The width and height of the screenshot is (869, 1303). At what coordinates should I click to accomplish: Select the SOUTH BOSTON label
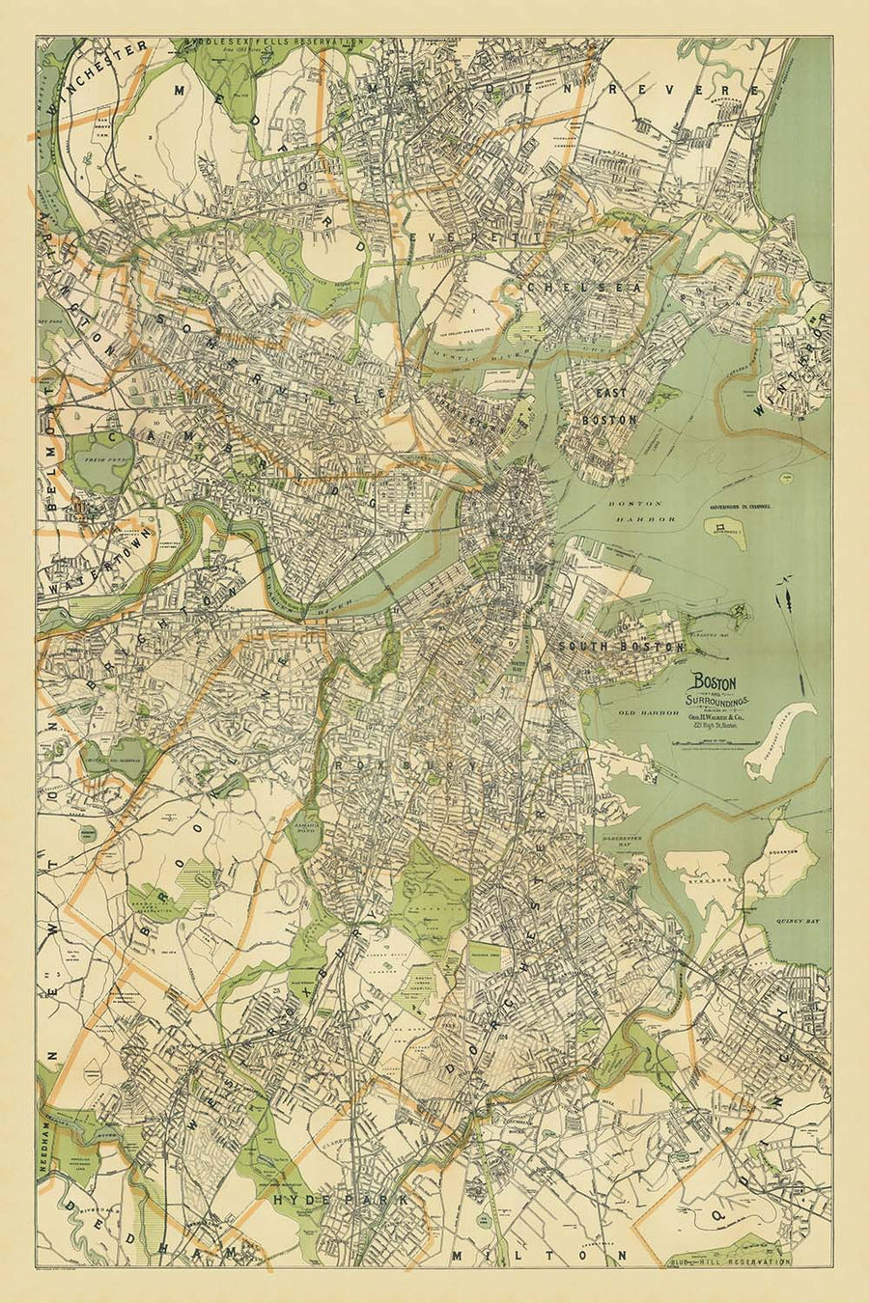(x=619, y=646)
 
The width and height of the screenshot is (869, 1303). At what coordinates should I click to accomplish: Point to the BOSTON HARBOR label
(x=634, y=511)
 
